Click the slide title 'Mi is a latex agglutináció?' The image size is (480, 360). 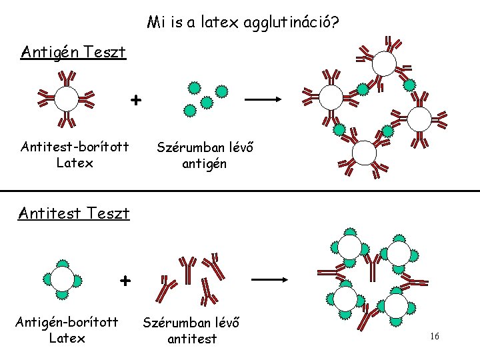(x=243, y=23)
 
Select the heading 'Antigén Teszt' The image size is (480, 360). (x=73, y=52)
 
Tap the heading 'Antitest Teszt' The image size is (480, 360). (x=74, y=213)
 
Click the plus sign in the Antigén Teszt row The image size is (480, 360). (x=136, y=100)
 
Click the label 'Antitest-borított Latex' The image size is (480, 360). (x=75, y=154)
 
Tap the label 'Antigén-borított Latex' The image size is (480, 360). (x=67, y=330)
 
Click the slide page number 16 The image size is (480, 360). (x=434, y=337)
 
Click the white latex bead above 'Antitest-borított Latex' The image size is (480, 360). (x=67, y=99)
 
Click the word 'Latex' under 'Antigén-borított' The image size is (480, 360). (x=67, y=338)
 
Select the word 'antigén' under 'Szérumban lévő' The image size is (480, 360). (x=204, y=163)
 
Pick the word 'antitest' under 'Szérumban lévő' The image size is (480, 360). (x=193, y=339)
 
